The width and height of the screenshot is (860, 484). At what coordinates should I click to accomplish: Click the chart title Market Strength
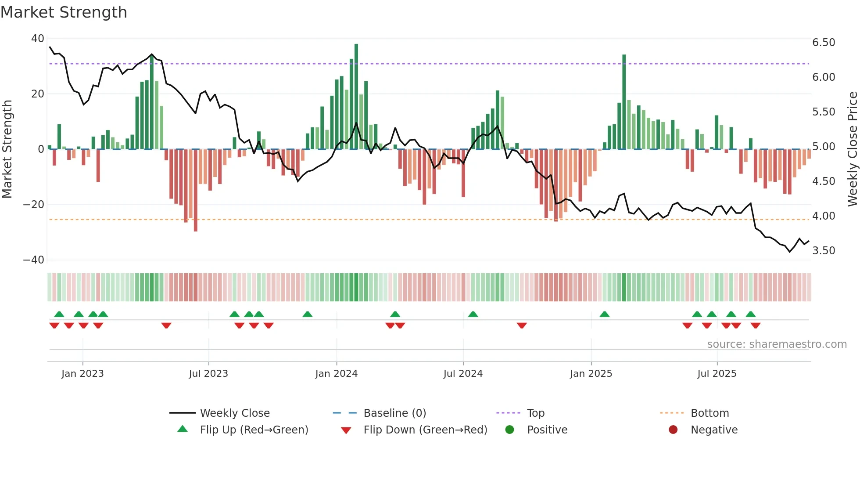tap(64, 12)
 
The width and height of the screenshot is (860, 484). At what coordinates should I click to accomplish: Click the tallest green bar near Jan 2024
tap(356, 97)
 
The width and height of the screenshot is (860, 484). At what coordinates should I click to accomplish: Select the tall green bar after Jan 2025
tap(624, 102)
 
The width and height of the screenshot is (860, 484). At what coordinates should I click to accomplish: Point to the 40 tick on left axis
tap(38, 39)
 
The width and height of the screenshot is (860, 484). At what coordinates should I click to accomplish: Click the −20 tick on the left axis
tap(34, 205)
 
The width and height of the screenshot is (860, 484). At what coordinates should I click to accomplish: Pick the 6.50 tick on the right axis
tap(823, 43)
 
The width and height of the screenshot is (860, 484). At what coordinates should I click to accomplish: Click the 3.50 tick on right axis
tap(823, 251)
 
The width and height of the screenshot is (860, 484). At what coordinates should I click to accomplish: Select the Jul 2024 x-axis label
tap(463, 374)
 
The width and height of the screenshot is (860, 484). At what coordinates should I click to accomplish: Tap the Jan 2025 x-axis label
tap(591, 374)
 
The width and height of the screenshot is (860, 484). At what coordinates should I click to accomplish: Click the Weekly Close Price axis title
tap(852, 149)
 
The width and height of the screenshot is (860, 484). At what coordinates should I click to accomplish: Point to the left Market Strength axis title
tap(7, 149)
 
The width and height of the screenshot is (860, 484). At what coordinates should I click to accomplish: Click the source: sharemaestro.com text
tap(777, 344)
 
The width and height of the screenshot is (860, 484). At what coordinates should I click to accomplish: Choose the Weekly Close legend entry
tap(234, 413)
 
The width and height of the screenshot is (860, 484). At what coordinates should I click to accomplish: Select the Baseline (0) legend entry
tap(394, 413)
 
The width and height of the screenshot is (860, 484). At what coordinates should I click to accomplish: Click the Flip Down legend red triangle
tap(346, 430)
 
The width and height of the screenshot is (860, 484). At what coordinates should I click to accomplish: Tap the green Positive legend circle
tap(509, 430)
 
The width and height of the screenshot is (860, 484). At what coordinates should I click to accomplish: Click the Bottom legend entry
tap(709, 413)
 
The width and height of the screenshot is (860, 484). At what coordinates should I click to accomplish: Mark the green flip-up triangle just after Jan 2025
tap(604, 314)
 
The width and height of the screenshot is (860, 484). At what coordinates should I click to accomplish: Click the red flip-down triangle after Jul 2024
tap(521, 325)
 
